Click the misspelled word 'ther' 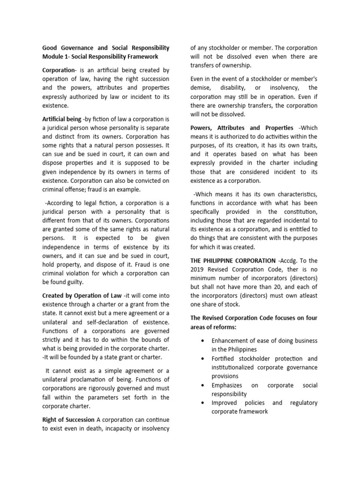coord(292,270)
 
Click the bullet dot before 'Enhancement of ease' coord(201,341)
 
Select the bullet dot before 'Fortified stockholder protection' coord(201,359)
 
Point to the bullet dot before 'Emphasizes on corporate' coord(201,385)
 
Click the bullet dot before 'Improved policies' coord(201,403)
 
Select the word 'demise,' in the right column coord(201,88)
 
